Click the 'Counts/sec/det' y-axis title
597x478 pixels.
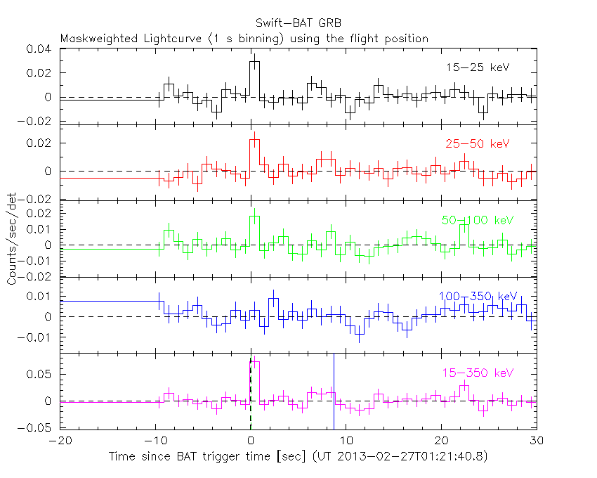click(x=12, y=239)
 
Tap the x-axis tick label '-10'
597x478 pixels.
click(x=155, y=441)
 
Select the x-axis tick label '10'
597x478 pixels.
click(x=346, y=441)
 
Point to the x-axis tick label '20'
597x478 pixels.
click(x=441, y=441)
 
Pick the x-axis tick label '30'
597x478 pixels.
click(x=536, y=441)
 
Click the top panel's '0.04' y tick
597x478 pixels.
click(x=40, y=49)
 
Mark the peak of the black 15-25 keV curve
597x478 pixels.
click(x=255, y=62)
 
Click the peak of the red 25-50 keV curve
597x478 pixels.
click(x=255, y=139)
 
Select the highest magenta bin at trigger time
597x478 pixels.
click(x=255, y=362)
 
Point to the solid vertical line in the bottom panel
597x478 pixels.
click(x=334, y=394)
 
